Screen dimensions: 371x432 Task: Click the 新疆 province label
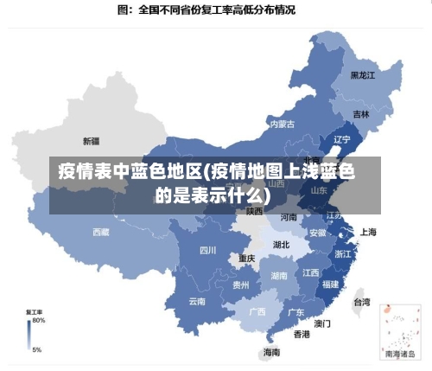[x=91, y=140]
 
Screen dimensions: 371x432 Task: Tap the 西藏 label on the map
[x=101, y=232]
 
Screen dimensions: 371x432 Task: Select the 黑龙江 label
[x=363, y=75]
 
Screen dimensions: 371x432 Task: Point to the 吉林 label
[x=361, y=114]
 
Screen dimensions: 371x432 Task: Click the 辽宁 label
[x=341, y=139]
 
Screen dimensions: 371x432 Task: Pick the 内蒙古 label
[x=282, y=125]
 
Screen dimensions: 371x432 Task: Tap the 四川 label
[x=207, y=252]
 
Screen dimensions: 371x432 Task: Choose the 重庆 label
[x=247, y=259]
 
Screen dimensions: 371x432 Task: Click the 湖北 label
[x=281, y=245]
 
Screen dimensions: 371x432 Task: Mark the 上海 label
[x=368, y=232]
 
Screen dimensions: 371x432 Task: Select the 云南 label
[x=197, y=302]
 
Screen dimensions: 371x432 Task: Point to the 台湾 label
[x=361, y=303]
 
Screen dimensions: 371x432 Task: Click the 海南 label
[x=271, y=352]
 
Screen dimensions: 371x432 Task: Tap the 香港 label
[x=302, y=334]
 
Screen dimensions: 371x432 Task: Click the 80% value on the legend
[x=39, y=320]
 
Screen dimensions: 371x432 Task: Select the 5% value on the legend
[x=36, y=350]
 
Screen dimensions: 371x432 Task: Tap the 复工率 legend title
[x=35, y=311]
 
